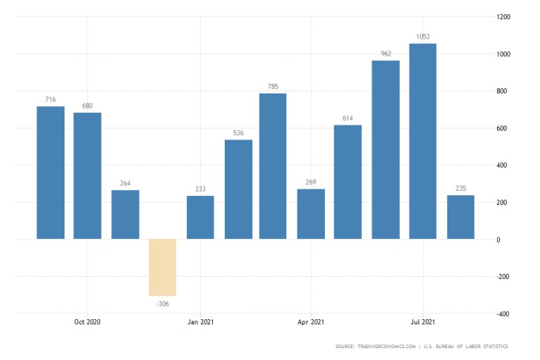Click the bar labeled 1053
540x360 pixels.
pos(423,141)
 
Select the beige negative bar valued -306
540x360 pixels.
pos(162,267)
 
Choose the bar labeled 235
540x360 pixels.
pos(460,217)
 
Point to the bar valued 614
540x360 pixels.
pos(348,182)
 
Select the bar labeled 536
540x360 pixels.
pos(238,189)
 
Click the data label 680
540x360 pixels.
pos(88,105)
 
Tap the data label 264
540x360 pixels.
pos(125,183)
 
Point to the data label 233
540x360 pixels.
pos(200,189)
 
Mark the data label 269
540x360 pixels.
pos(311,182)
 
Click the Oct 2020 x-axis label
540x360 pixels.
pos(88,322)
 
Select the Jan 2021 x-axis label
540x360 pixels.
pos(200,322)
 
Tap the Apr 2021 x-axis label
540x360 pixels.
pos(311,322)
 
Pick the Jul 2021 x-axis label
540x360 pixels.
pos(423,322)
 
